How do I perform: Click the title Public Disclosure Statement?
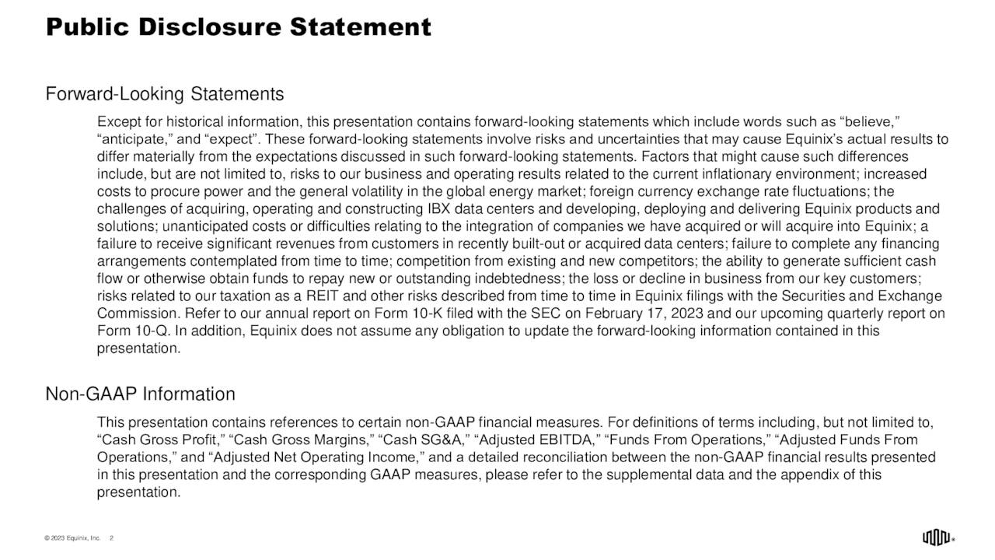tap(238, 27)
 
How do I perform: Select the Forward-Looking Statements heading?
tap(165, 95)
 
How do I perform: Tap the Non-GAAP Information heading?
tap(141, 394)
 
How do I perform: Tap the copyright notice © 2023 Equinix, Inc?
tap(72, 537)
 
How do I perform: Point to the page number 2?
tap(112, 537)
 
